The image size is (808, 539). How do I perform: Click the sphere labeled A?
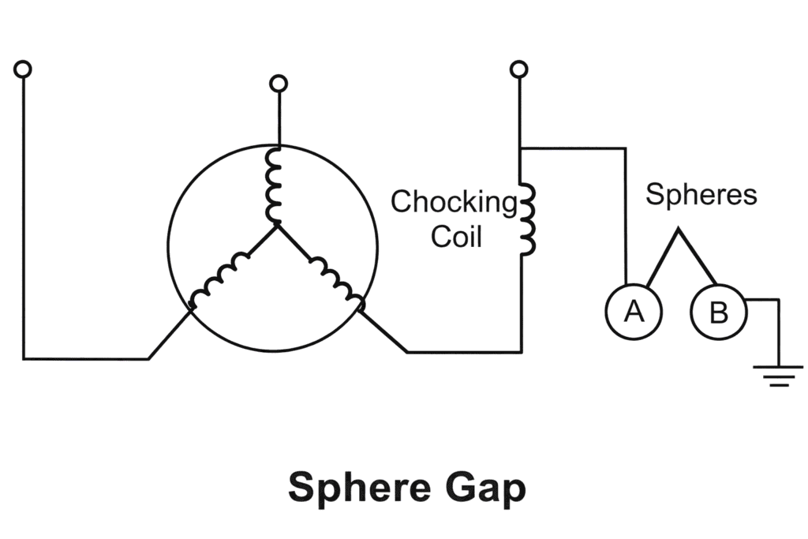[634, 312]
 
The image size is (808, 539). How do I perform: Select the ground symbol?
[780, 374]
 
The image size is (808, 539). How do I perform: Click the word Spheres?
[701, 194]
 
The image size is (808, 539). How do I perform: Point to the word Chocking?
[454, 202]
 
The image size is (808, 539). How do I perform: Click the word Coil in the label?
[456, 236]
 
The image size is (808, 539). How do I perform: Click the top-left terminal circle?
[24, 69]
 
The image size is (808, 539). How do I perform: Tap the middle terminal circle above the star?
[278, 84]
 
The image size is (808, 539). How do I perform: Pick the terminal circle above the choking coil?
[518, 69]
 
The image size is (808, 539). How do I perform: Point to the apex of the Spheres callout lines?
[676, 231]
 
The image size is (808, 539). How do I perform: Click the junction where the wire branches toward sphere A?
[519, 148]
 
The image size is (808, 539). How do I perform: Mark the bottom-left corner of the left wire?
[24, 358]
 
